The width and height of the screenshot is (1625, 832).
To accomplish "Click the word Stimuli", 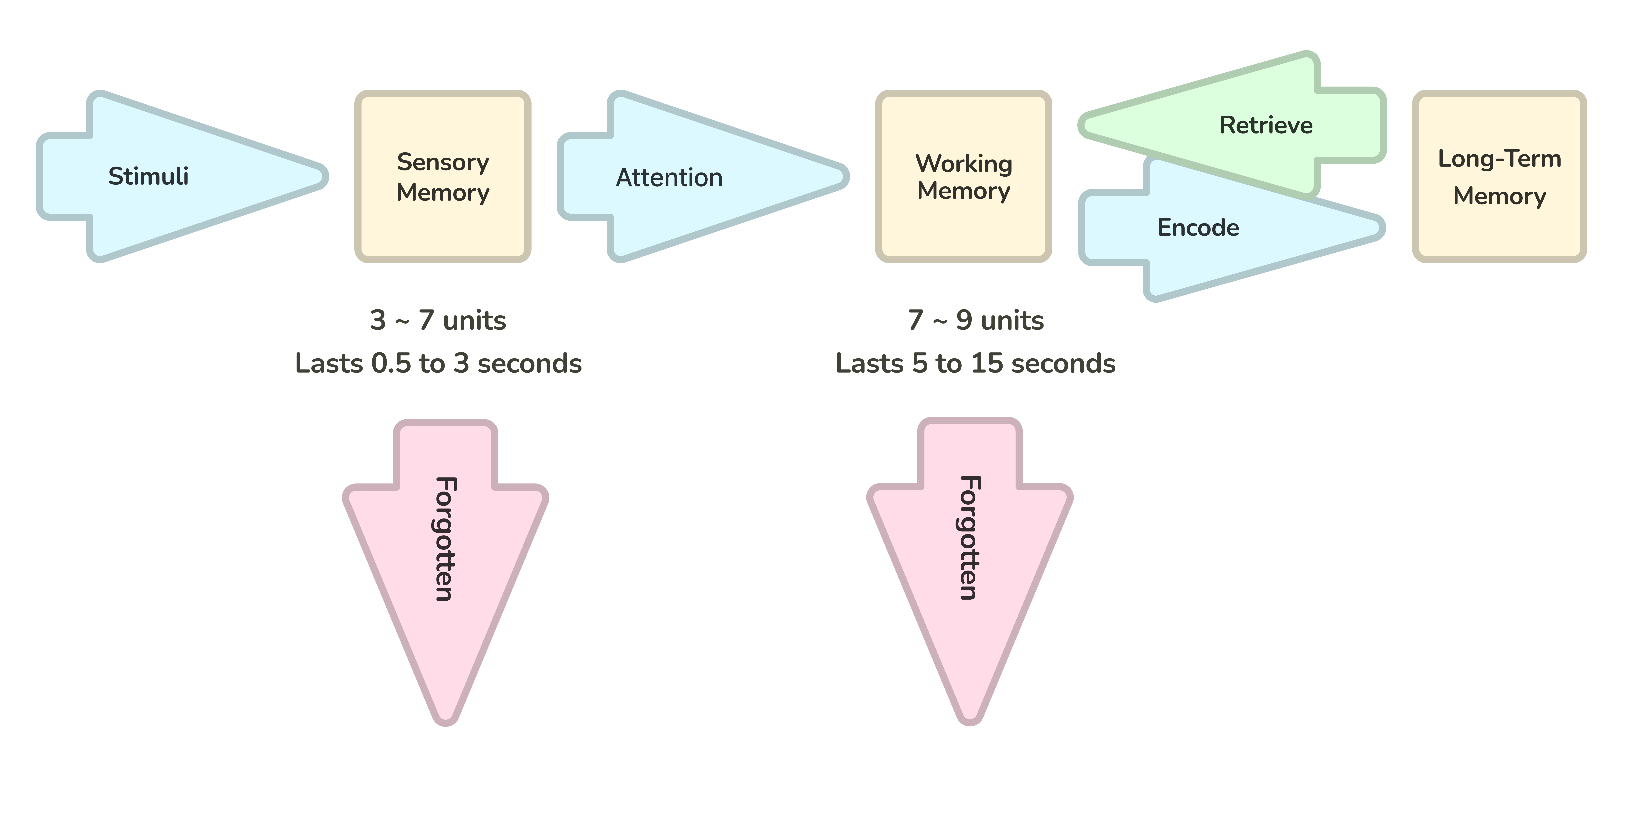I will click(x=148, y=176).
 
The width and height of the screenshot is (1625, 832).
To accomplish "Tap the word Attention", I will click(x=669, y=178).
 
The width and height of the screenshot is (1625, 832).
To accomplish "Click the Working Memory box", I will click(x=963, y=177).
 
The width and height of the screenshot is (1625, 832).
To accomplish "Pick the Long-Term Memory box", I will click(x=1499, y=177).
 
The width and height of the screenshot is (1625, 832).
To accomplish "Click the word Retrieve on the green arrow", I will click(x=1265, y=125).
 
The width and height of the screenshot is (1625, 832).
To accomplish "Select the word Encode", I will click(x=1197, y=227).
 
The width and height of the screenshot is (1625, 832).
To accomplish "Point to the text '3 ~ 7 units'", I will click(x=438, y=320).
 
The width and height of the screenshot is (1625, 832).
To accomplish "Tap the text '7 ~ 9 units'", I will click(x=975, y=320).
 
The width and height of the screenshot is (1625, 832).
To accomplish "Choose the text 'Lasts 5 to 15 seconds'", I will click(x=975, y=363).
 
